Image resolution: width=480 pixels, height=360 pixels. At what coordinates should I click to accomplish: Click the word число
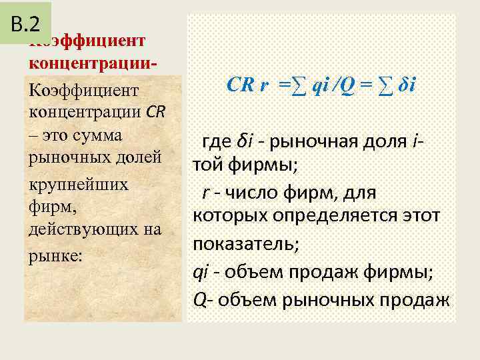click(x=252, y=193)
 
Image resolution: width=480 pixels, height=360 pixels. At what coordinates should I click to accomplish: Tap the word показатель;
click(x=246, y=243)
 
